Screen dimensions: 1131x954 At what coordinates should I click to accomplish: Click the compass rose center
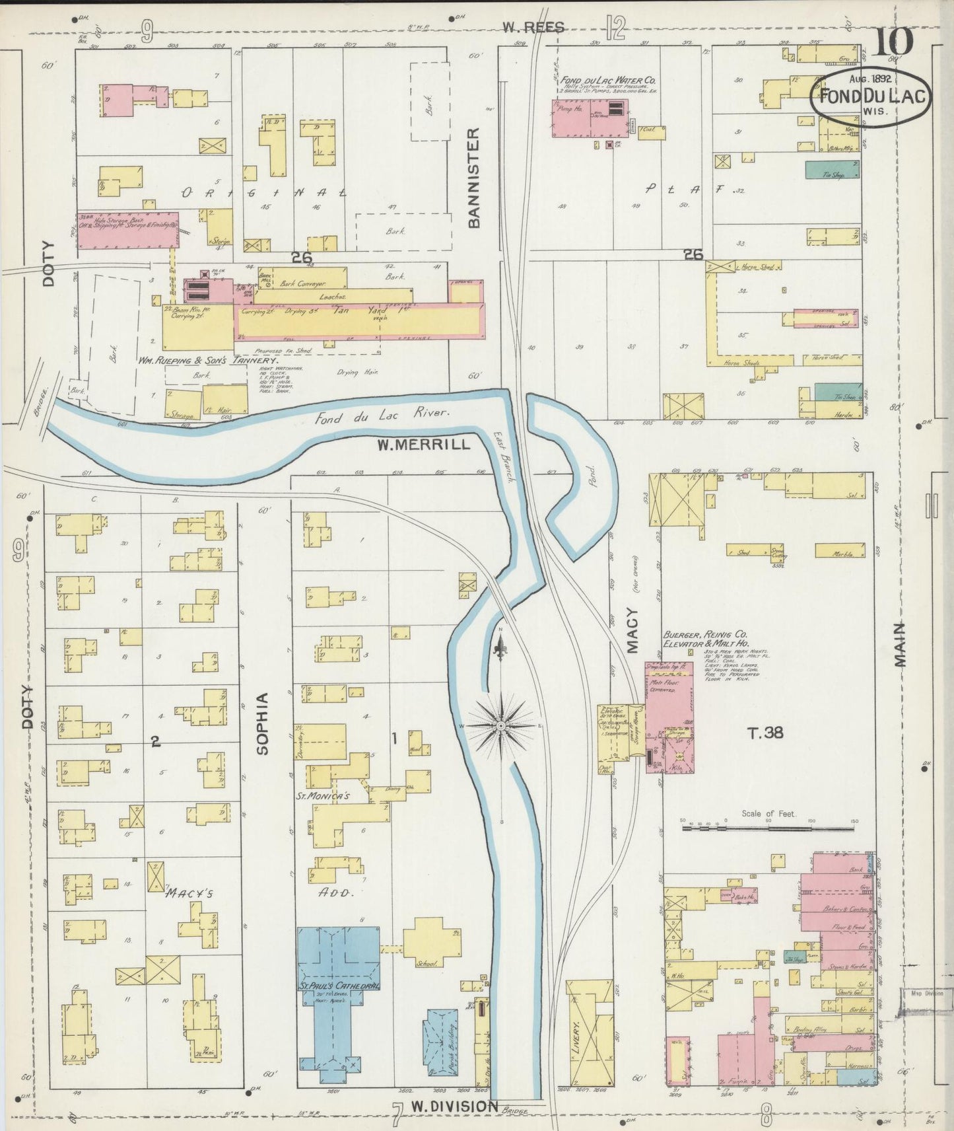point(501,725)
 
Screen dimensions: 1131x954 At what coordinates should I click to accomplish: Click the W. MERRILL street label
point(424,445)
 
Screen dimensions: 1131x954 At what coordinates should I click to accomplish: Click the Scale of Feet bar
point(770,825)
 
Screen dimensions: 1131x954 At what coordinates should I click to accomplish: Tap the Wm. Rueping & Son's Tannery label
point(207,361)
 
